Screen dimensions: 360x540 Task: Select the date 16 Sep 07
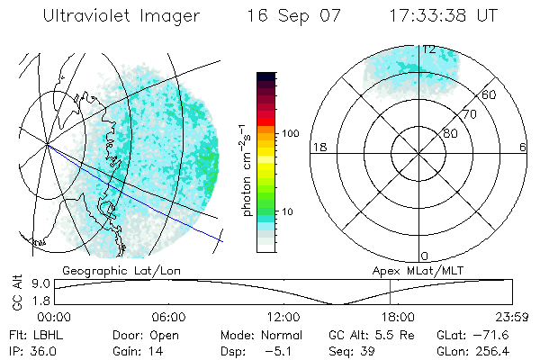(x=291, y=16)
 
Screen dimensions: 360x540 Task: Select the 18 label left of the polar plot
(x=318, y=147)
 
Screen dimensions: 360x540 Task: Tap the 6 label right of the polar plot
(x=523, y=147)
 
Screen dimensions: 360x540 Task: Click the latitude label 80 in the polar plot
(x=450, y=133)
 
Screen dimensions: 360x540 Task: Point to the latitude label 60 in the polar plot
(x=490, y=94)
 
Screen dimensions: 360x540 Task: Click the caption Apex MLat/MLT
(x=410, y=270)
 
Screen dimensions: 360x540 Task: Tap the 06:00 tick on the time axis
(x=168, y=317)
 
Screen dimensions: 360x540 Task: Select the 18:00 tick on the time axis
(x=398, y=317)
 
